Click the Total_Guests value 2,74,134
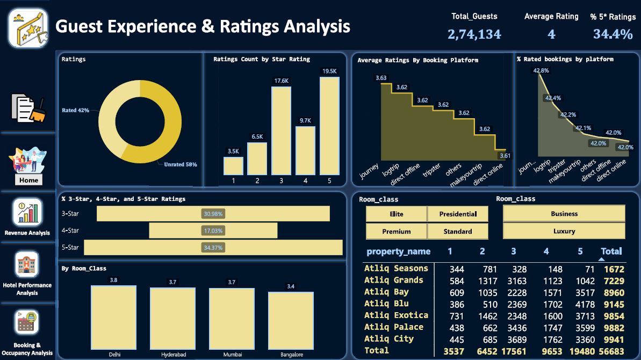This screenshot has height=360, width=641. (474, 34)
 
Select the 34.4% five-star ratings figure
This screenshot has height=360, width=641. (613, 34)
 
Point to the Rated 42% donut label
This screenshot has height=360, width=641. (75, 110)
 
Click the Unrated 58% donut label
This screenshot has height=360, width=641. (180, 164)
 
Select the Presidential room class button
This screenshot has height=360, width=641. (458, 214)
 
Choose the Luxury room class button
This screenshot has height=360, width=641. (564, 231)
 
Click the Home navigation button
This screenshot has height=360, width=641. (28, 180)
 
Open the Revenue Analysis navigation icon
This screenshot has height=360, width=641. (27, 213)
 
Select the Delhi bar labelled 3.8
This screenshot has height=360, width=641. (113, 317)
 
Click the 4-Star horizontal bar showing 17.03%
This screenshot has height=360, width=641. (213, 231)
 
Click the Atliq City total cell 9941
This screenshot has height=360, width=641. (614, 339)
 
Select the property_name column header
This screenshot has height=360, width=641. (398, 251)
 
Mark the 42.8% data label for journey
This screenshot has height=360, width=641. (541, 70)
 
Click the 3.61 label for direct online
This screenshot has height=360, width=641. (505, 156)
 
